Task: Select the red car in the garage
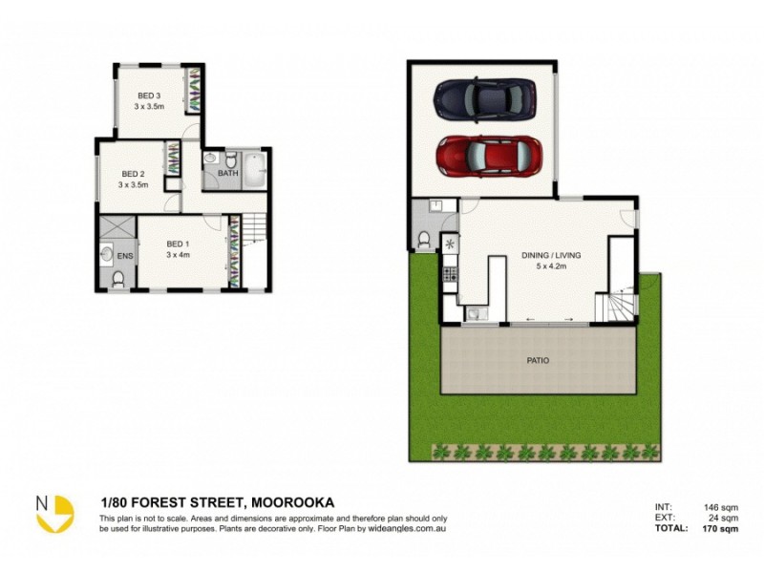pos(488,156)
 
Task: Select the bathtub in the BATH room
pos(253,171)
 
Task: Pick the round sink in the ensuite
pos(105,255)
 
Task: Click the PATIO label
pos(538,360)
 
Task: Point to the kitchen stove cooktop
pos(450,274)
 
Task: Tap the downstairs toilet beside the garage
pos(425,238)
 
